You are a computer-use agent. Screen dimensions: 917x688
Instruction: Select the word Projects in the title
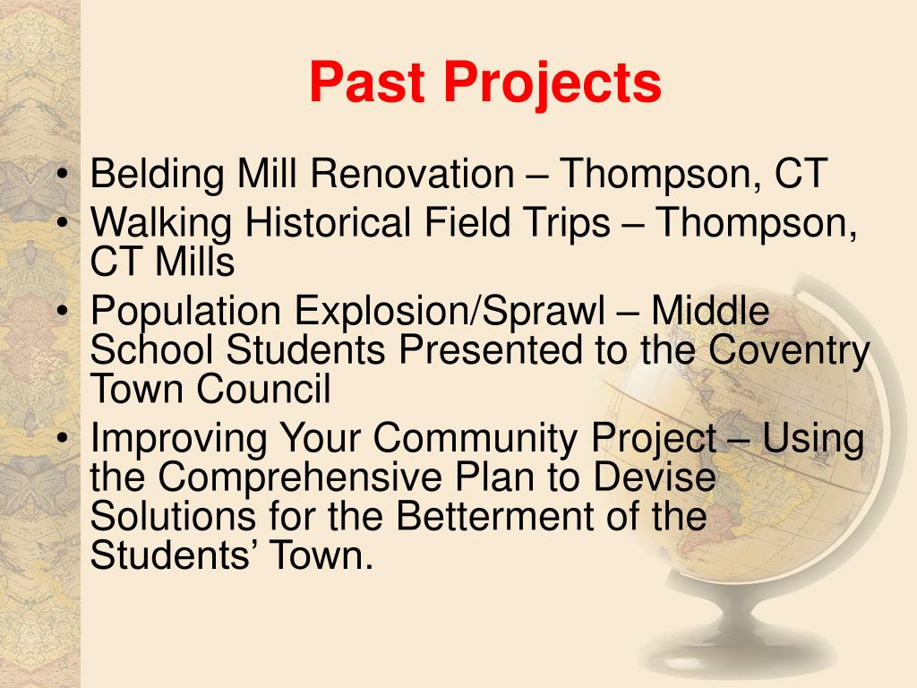click(553, 85)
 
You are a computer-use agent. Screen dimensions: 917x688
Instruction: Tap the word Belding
click(157, 175)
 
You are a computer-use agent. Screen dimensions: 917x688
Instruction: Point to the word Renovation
click(412, 174)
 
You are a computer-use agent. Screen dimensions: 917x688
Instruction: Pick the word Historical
click(328, 223)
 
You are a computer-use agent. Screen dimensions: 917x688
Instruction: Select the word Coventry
click(789, 351)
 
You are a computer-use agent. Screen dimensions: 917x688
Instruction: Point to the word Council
click(263, 389)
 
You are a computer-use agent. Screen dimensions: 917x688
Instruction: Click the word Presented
click(490, 349)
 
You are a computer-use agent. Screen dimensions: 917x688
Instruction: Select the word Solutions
click(174, 515)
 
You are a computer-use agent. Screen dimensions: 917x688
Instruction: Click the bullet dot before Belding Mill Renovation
click(64, 175)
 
